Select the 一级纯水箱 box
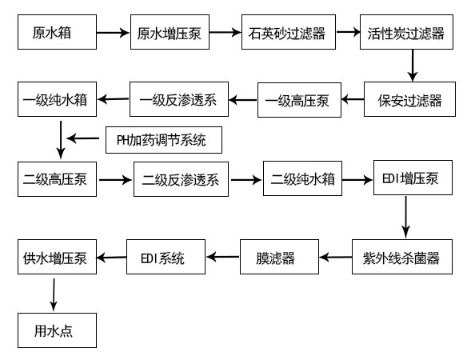pyautogui.click(x=56, y=100)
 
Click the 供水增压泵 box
pyautogui.click(x=56, y=258)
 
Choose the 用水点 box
pyautogui.click(x=56, y=328)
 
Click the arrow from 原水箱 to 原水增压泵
pyautogui.click(x=113, y=34)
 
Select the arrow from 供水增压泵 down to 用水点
pyautogui.click(x=54, y=294)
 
